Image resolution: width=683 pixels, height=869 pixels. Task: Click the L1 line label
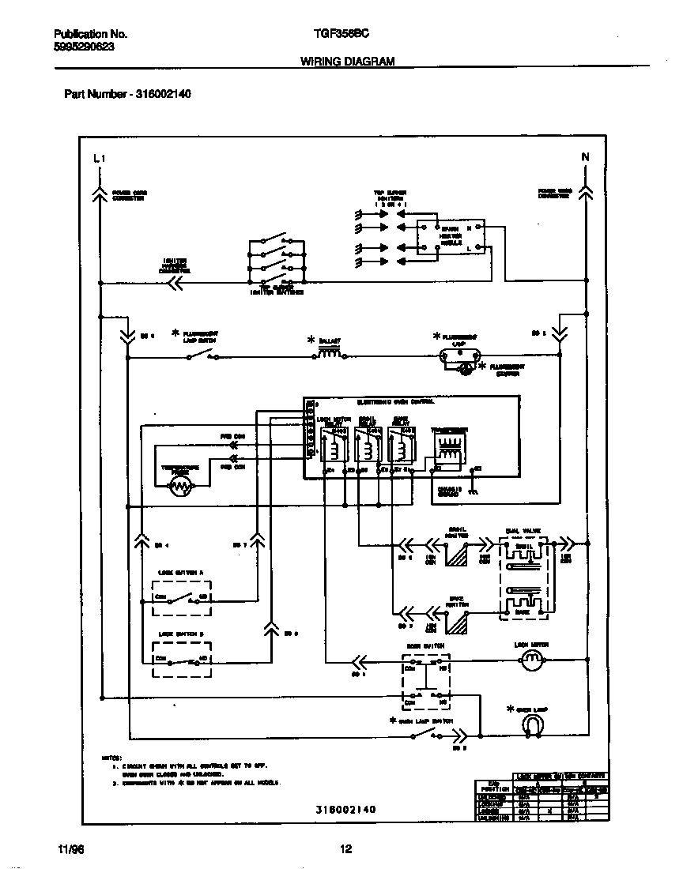[99, 159]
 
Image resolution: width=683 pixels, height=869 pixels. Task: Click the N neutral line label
[586, 157]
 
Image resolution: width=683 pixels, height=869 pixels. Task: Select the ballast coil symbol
[330, 353]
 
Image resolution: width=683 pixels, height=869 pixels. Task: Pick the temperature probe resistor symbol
[181, 487]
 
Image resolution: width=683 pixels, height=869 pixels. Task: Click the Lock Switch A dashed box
[182, 598]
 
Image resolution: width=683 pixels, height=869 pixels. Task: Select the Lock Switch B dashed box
[182, 658]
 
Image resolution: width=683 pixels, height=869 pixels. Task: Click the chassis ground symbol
[473, 491]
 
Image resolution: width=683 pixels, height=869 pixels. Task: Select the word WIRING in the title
[321, 61]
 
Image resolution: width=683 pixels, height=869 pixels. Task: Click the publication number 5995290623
[85, 47]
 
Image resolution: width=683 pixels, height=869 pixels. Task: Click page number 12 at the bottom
[345, 849]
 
